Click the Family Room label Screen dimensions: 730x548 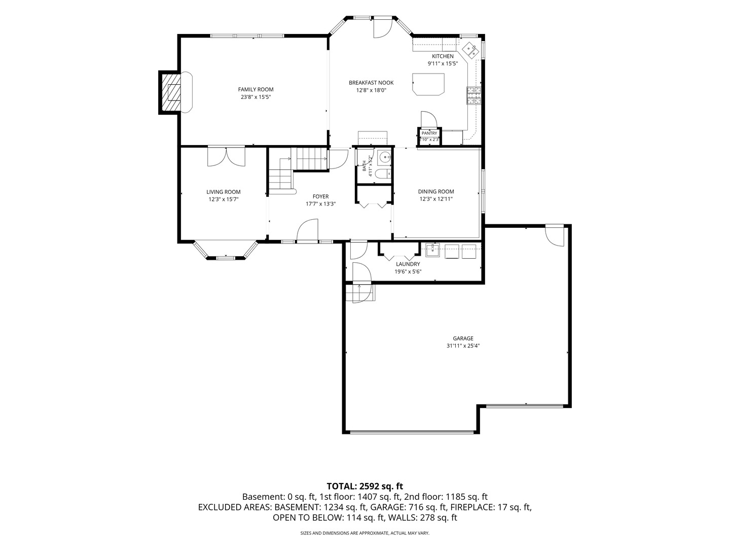[255, 89]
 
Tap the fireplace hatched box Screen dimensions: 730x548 [170, 92]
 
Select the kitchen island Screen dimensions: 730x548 [428, 84]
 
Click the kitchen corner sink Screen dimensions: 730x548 [470, 50]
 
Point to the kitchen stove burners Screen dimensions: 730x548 [474, 95]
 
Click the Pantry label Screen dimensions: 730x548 [429, 133]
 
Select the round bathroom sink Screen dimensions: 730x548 [385, 156]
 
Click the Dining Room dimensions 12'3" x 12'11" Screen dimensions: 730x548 [436, 199]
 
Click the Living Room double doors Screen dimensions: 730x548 [226, 156]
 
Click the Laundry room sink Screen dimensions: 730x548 [432, 251]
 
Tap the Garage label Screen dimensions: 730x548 [463, 338]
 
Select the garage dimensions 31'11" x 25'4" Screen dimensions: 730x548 [463, 346]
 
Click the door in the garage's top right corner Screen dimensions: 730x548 [555, 235]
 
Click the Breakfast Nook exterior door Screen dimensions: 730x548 [383, 27]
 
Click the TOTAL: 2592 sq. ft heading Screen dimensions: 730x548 [365, 486]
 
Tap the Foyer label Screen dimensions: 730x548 [320, 197]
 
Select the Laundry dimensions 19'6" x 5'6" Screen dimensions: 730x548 [408, 271]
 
